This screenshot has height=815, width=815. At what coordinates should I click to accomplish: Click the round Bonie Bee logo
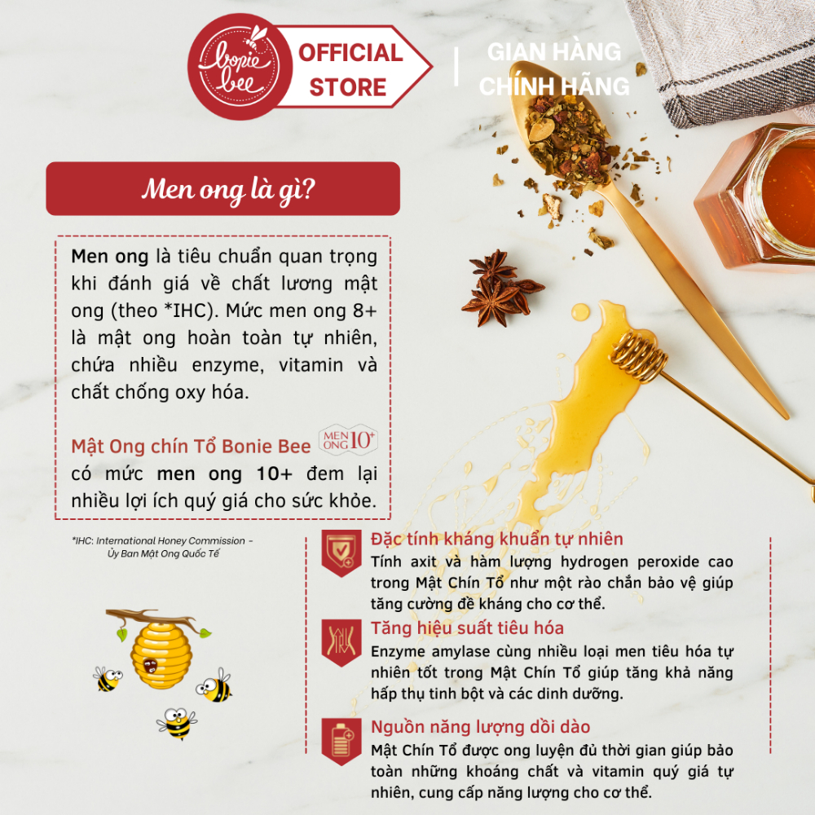point(240,67)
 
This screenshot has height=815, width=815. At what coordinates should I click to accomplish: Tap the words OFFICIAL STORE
point(350,69)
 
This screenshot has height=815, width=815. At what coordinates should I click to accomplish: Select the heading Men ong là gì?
point(228,189)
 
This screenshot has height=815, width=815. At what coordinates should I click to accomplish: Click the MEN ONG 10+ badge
point(348,440)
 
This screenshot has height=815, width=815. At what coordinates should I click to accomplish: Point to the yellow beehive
point(161,655)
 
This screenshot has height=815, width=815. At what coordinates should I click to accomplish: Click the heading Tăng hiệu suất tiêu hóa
point(467,628)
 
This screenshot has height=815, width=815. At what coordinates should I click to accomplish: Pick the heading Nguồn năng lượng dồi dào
point(481,727)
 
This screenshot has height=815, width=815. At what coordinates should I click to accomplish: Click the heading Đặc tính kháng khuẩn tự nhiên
point(497,539)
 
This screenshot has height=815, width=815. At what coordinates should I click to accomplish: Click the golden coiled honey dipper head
point(639,357)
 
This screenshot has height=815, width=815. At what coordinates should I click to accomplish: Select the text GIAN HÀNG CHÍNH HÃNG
point(554,69)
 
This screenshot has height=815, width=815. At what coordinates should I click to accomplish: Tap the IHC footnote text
point(163,548)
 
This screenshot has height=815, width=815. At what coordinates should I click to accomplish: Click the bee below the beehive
point(177,722)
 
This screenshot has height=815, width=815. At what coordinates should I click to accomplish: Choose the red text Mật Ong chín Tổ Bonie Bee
point(191,447)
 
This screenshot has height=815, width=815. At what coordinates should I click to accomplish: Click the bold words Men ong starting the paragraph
point(110,257)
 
